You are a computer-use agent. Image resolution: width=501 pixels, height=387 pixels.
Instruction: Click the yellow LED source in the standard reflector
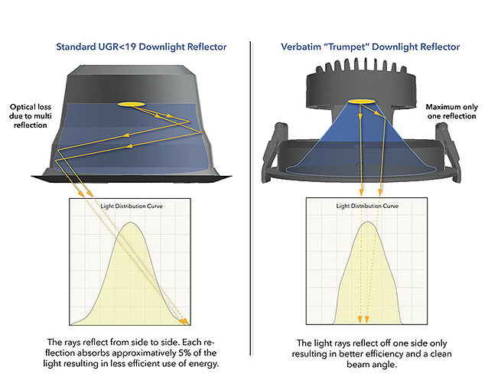point(131,104)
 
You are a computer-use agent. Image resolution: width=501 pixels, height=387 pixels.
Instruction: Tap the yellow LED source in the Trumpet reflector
point(361,102)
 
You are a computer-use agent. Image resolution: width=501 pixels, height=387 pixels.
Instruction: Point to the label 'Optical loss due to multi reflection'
point(31,116)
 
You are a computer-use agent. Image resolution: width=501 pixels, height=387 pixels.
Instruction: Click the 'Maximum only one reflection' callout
point(452,111)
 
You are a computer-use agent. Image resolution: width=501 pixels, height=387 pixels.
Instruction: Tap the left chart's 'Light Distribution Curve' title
point(132,207)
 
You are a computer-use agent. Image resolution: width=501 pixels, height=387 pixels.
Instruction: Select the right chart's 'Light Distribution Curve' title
point(367,207)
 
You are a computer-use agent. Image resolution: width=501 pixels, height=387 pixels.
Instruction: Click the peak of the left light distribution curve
point(130,222)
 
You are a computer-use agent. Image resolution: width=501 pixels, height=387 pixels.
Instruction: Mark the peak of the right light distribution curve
point(368,222)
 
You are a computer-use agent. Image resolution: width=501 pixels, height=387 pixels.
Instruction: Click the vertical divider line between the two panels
point(251,198)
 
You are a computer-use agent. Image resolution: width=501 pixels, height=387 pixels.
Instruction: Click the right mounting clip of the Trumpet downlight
point(449,150)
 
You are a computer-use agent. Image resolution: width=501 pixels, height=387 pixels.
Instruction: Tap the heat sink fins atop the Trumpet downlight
point(361,67)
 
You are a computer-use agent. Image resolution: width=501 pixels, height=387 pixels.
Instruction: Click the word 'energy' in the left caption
point(203,363)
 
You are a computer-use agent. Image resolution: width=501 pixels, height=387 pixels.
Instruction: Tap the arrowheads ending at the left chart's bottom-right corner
point(184,321)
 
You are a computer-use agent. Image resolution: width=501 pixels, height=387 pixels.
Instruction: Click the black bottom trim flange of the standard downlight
point(132,179)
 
